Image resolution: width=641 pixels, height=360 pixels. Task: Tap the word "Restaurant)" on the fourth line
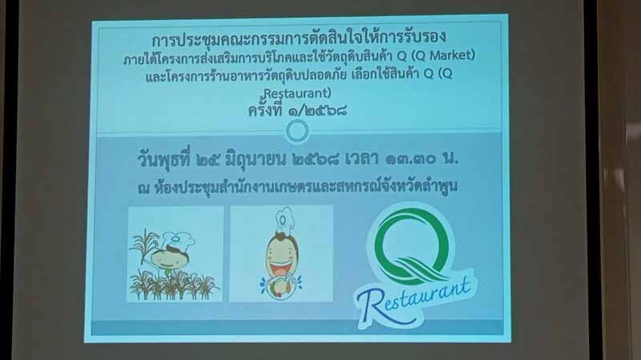coord(297,93)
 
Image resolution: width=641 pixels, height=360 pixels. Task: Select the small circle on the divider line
coord(297,131)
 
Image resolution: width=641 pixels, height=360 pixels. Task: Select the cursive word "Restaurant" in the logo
coord(413,297)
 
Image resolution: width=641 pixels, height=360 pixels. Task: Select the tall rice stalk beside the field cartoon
coord(144,245)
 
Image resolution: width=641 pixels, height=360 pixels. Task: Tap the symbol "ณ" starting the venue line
coord(144,188)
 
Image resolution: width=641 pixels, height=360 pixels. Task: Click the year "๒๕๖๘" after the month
coord(315,160)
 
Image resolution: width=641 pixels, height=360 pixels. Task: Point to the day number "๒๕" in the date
coord(208,160)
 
